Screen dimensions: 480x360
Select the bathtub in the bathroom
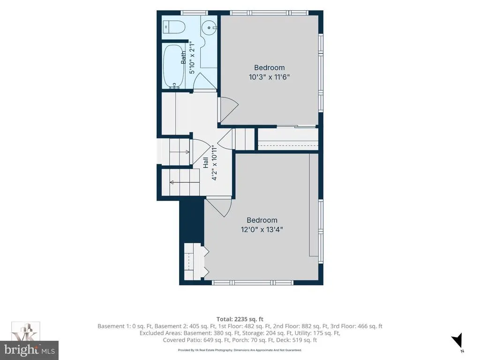pyautogui.click(x=173, y=67)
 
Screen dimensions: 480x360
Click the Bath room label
pyautogui.click(x=183, y=58)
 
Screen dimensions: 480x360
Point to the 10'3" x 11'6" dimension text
pyautogui.click(x=269, y=76)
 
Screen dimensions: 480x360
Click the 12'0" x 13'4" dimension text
pyautogui.click(x=262, y=229)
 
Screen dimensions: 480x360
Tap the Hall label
pyautogui.click(x=206, y=163)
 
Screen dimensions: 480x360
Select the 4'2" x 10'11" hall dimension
pyautogui.click(x=214, y=163)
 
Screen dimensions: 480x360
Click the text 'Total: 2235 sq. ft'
pyautogui.click(x=240, y=319)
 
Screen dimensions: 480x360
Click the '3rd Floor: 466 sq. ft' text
pyautogui.click(x=356, y=326)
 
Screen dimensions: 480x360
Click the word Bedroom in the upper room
pyautogui.click(x=270, y=67)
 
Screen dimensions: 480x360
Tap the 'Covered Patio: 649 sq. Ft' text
pyautogui.click(x=196, y=340)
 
